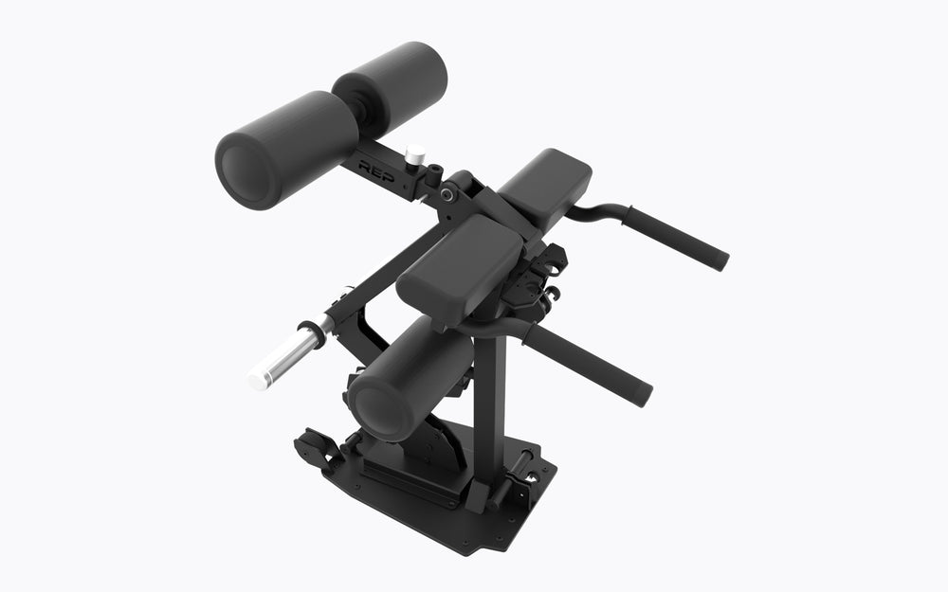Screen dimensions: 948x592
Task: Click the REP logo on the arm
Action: [376, 170]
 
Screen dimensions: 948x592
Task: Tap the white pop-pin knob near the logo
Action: [415, 154]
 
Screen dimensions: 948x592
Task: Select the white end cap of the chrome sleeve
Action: [258, 381]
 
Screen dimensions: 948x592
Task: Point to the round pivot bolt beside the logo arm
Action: [447, 194]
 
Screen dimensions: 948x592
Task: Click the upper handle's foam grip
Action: [678, 239]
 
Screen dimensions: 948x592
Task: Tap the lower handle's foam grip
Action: [589, 364]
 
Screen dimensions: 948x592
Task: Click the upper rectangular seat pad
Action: [545, 188]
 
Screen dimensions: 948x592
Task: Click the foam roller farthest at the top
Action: [391, 87]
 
